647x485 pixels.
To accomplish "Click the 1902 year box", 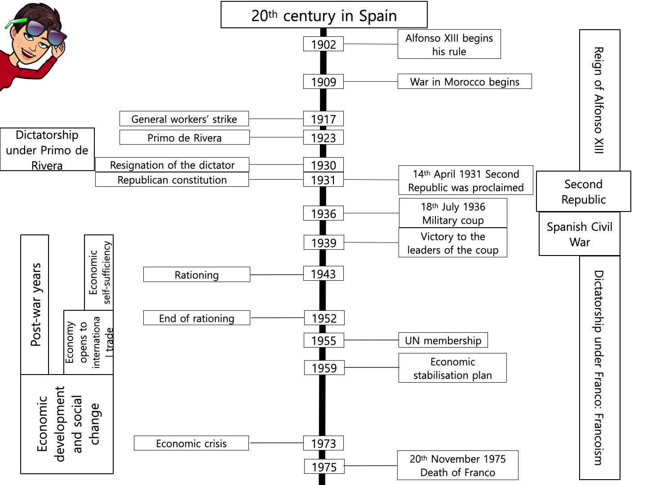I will (x=323, y=44).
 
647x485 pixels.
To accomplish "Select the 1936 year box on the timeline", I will (x=323, y=213).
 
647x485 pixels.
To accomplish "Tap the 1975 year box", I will (x=324, y=467).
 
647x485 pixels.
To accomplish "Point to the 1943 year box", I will (x=323, y=274).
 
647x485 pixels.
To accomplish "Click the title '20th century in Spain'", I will (x=324, y=15).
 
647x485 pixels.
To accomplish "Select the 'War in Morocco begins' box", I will (x=464, y=82).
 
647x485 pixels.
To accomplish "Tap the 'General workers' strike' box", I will (x=184, y=119).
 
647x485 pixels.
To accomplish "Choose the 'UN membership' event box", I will (x=443, y=340).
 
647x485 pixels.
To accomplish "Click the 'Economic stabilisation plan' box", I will (x=452, y=368).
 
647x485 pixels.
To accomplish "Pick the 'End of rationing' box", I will (x=196, y=318).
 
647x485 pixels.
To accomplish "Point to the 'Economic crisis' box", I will (x=191, y=443).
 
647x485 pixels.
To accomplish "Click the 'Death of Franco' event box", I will (x=457, y=466).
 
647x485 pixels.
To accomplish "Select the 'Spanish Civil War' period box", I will (x=579, y=234).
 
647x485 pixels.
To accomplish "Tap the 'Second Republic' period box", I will (x=583, y=192).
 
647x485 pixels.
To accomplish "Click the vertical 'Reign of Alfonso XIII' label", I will (x=599, y=100).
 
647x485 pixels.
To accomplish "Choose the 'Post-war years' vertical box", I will (x=35, y=304).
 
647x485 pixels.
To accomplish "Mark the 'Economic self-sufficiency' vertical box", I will (x=99, y=273).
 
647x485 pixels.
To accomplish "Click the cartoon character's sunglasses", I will (x=43, y=30).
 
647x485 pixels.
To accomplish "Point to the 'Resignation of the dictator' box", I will (x=172, y=165).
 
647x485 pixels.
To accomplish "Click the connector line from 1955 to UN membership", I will (x=371, y=340).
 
